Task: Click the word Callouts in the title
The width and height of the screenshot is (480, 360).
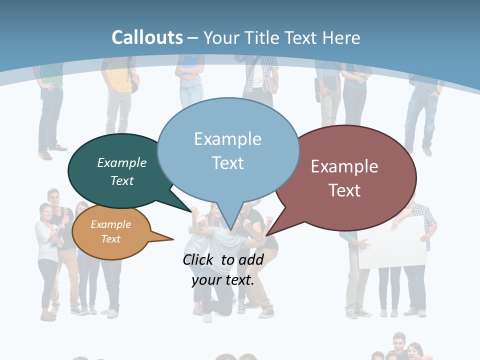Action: tap(147, 37)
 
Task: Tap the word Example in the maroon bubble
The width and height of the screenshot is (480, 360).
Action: tap(344, 166)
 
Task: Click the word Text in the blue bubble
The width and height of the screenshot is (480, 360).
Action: tap(228, 163)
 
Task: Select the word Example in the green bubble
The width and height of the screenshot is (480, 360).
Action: tap(122, 163)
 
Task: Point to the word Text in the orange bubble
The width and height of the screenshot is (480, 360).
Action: tap(111, 239)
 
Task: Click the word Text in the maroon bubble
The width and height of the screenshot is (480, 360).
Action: tap(345, 190)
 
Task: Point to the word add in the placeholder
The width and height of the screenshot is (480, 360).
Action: tap(251, 259)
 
